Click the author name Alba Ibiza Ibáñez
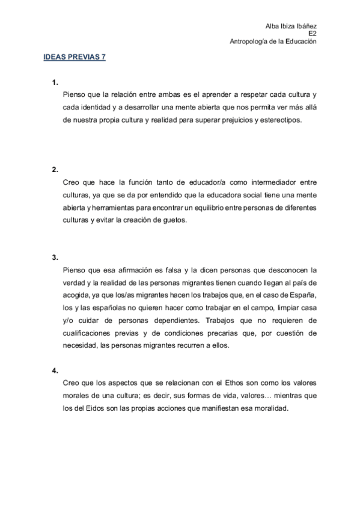tap(291, 25)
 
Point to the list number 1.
tap(55, 82)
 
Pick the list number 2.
tap(55, 169)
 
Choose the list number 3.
tap(55, 257)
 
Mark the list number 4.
tap(55, 370)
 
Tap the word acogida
tap(77, 295)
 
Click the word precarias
tap(228, 333)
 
